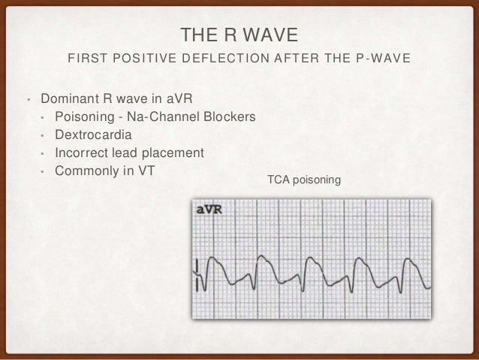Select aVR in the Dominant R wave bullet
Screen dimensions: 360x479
(168, 100)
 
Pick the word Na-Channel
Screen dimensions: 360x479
(167, 118)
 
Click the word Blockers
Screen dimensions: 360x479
(230, 118)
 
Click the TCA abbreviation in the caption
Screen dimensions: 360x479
(278, 180)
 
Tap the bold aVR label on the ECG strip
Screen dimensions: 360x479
(209, 210)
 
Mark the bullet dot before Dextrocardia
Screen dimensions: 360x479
(43, 136)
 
